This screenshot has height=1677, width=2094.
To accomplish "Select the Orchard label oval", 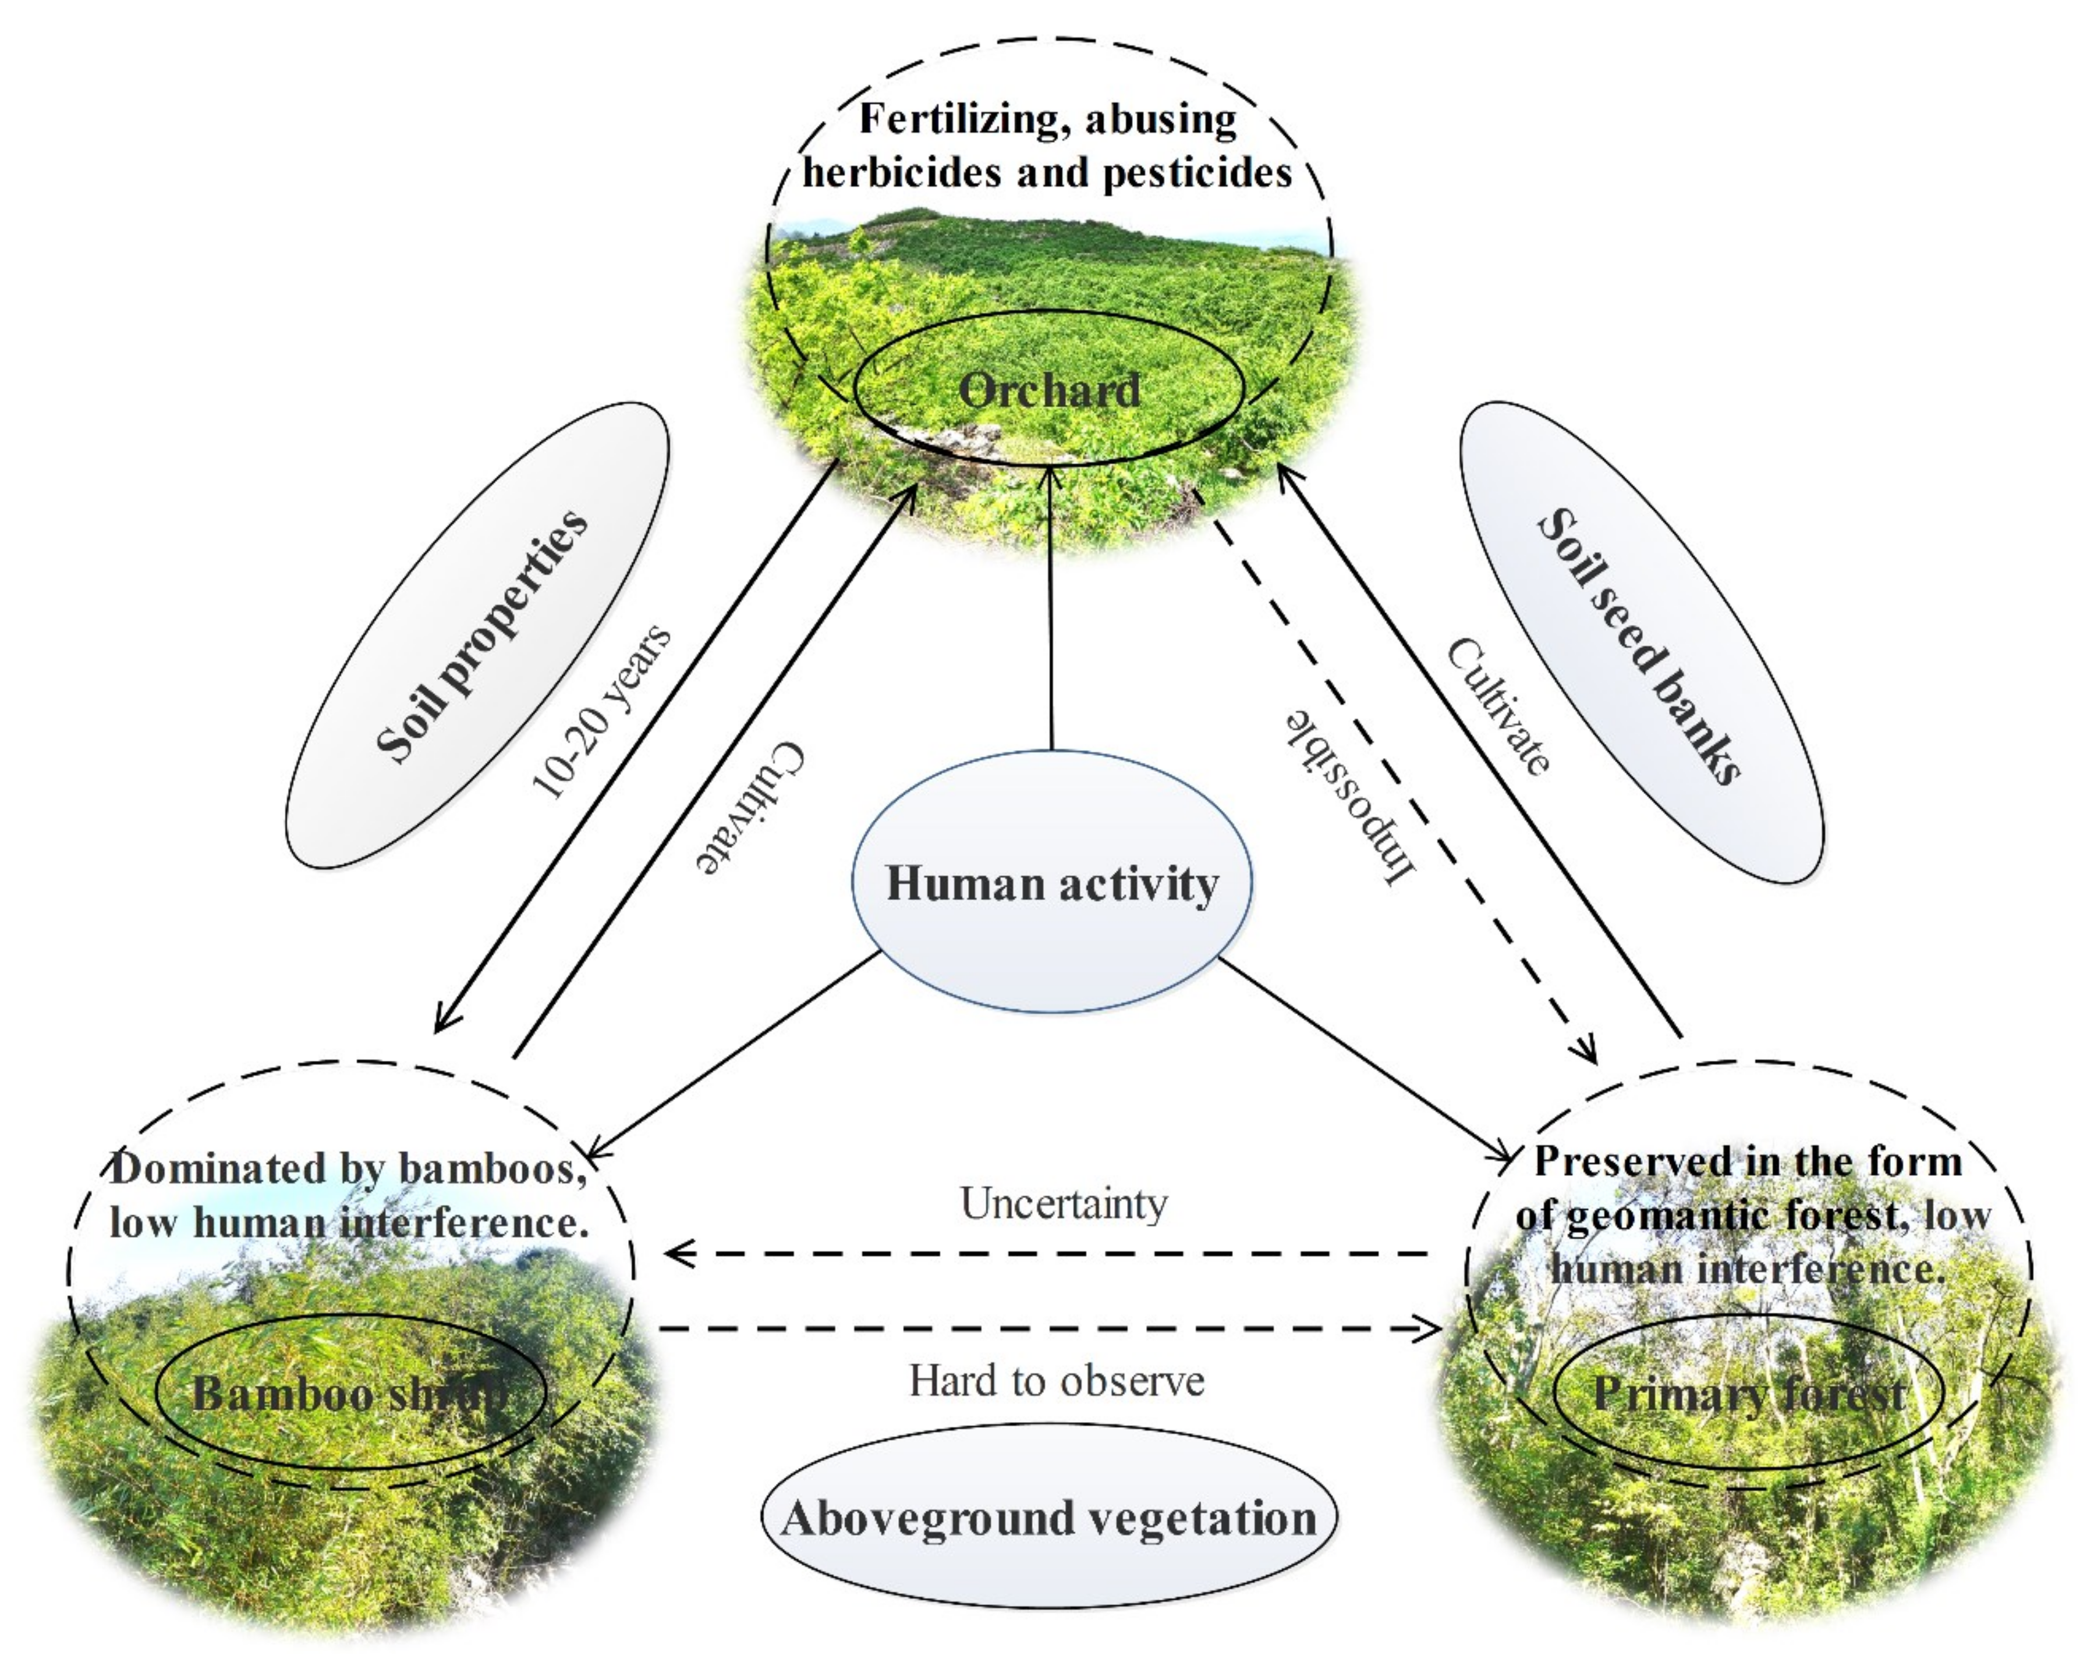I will click(x=1049, y=389).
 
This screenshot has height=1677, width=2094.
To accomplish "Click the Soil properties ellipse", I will click(x=478, y=635).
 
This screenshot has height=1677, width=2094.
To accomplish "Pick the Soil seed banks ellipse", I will click(x=1642, y=643).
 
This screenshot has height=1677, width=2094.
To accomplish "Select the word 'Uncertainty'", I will click(x=1064, y=1203).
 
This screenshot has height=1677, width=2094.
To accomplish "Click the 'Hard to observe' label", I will click(x=1057, y=1380).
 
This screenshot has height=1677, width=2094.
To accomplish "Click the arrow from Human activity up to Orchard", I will click(x=1051, y=612).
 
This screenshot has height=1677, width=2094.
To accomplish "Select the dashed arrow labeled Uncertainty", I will click(x=1049, y=1253).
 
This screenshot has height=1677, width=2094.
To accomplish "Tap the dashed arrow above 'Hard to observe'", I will click(x=1049, y=1327).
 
